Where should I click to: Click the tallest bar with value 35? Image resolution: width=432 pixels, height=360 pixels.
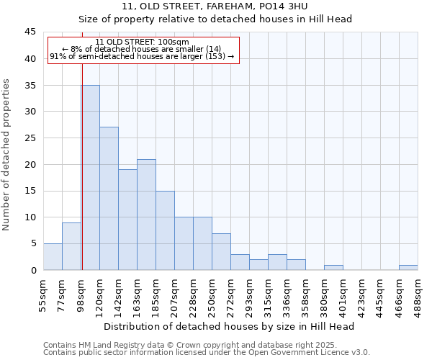point(90,177)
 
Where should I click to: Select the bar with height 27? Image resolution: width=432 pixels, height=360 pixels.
point(109,198)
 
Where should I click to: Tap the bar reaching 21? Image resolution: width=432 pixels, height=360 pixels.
point(146,215)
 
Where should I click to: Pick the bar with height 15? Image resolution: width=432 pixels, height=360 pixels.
point(165,230)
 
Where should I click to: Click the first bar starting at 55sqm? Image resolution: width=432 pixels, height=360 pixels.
point(53,257)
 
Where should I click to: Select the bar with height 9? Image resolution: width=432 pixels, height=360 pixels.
point(71,246)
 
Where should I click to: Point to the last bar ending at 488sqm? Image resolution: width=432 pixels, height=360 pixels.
point(408,268)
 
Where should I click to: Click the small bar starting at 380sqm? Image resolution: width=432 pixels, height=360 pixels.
point(333,268)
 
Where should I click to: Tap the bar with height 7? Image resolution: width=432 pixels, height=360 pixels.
point(221,251)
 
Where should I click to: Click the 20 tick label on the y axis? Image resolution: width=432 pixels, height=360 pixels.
point(30,164)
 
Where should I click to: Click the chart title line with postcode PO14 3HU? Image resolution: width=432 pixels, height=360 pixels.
point(215,6)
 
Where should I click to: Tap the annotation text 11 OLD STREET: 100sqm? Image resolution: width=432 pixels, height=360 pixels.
point(142,42)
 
